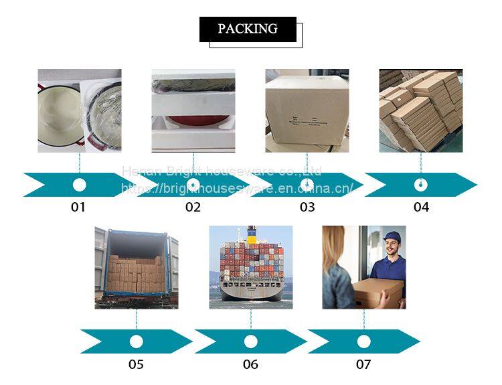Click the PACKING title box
[248, 29]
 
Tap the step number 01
[78, 208]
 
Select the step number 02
[193, 208]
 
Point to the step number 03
[307, 208]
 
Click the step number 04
[421, 208]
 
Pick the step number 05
[136, 365]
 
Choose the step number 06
[250, 365]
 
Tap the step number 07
[363, 365]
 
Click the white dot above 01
[79, 185]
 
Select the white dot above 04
[421, 185]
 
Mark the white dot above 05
[137, 341]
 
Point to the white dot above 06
[250, 341]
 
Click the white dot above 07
[363, 341]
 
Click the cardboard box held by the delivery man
[378, 293]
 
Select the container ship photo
[250, 267]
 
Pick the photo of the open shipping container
[137, 267]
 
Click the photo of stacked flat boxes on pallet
[421, 110]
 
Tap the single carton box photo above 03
[307, 110]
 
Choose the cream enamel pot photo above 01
[79, 110]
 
